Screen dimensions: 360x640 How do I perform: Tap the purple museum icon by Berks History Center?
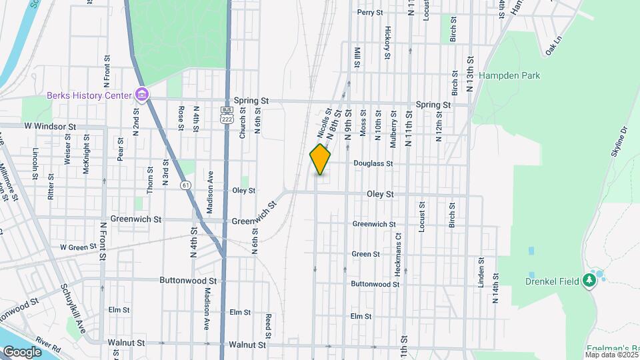[x=141, y=95]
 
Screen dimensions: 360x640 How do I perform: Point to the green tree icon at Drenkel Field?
[x=589, y=281]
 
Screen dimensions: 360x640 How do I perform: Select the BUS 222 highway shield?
[x=227, y=113]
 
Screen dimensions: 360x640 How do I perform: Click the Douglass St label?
[x=373, y=163]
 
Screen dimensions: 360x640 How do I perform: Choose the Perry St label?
[x=370, y=12]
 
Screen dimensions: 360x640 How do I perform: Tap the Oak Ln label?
[x=554, y=49]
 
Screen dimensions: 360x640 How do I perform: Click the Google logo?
[x=21, y=351]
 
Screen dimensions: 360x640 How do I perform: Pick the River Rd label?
[x=49, y=348]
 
